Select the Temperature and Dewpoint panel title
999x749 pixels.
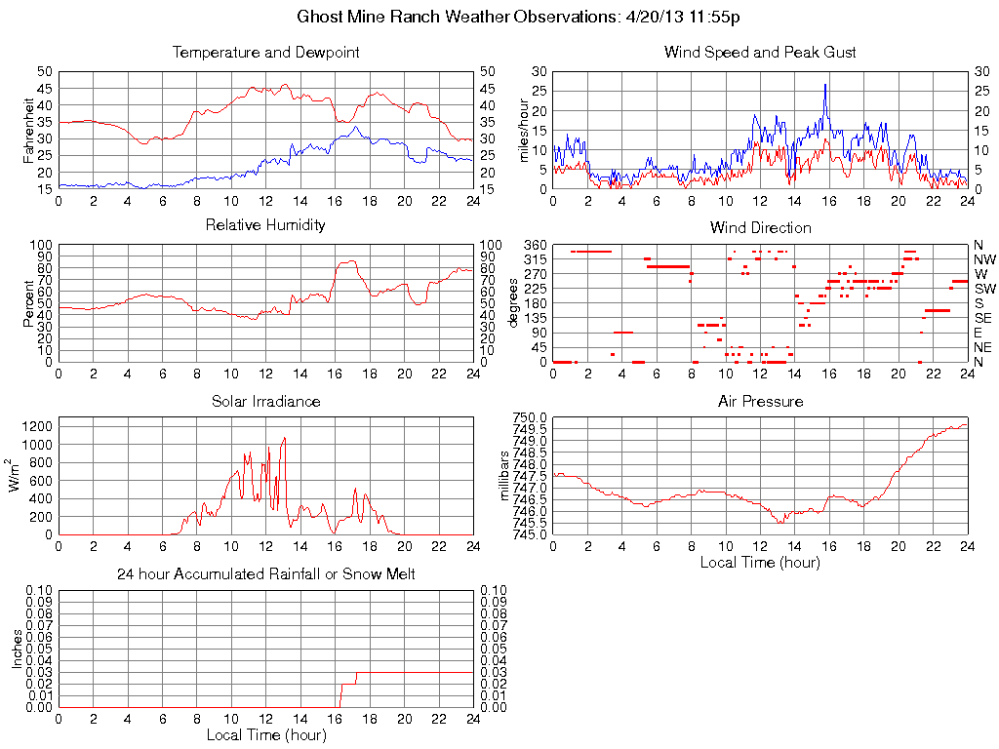point(265,53)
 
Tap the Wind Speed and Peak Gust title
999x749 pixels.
point(760,53)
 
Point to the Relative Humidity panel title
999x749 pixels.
point(265,225)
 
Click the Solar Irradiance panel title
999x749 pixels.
point(265,401)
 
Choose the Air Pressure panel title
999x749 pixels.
point(760,401)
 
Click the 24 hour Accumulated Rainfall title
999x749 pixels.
point(265,574)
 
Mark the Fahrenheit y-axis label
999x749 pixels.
point(29,130)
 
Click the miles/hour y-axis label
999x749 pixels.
point(524,130)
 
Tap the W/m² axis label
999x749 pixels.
point(17,475)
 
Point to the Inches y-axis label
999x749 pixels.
point(17,649)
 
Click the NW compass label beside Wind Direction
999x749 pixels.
point(984,259)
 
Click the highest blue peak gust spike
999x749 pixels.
point(825,85)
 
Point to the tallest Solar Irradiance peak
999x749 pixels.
point(284,438)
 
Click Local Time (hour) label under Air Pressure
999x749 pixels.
point(760,562)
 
